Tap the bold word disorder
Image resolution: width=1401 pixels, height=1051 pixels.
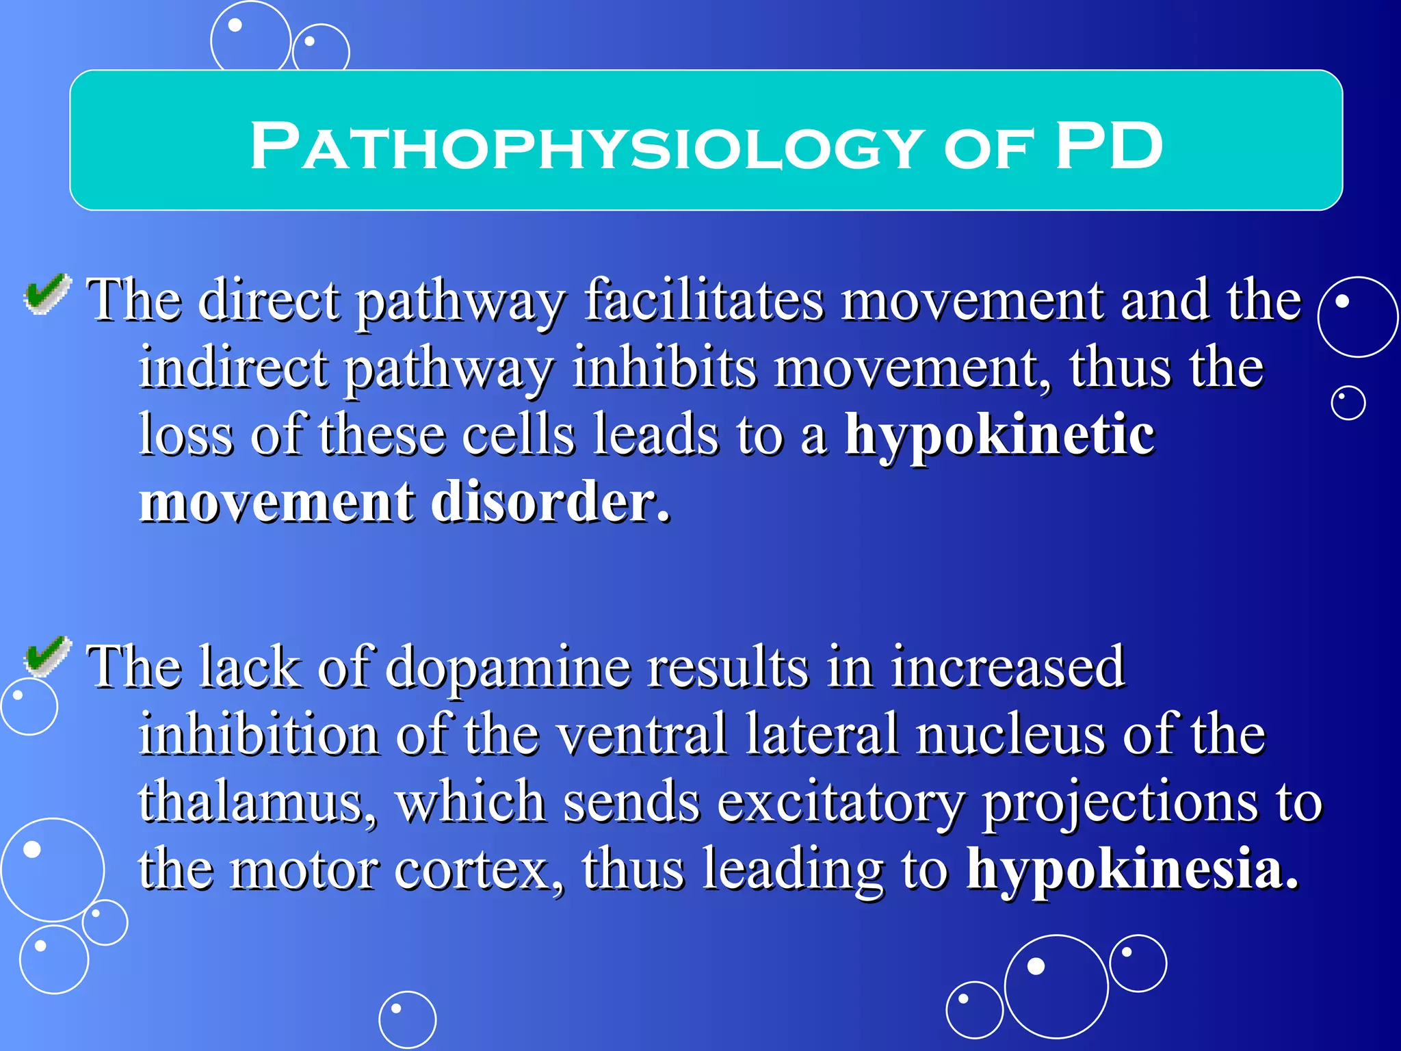click(551, 502)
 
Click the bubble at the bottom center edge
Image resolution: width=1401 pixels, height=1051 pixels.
click(408, 1020)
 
